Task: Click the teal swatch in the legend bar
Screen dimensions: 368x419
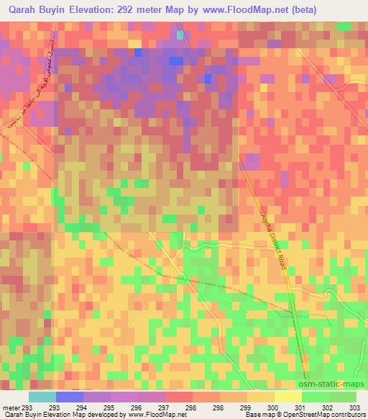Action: click(x=42, y=396)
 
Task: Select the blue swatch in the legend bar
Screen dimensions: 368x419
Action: click(x=69, y=396)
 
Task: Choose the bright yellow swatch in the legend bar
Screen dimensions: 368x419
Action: click(x=287, y=396)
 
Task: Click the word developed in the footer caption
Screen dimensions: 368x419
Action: click(x=98, y=415)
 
